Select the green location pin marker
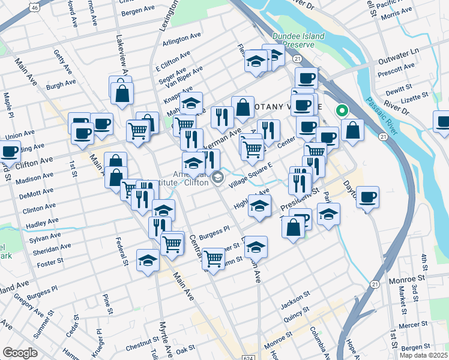[x=342, y=110]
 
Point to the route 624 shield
[x=250, y=356]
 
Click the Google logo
[x=20, y=353]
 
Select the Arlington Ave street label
[x=182, y=37]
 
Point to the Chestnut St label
[x=142, y=347]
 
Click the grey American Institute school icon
[x=217, y=176]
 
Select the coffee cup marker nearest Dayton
[x=367, y=197]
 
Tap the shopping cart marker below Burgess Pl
[x=213, y=259]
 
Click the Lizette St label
[x=414, y=95]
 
